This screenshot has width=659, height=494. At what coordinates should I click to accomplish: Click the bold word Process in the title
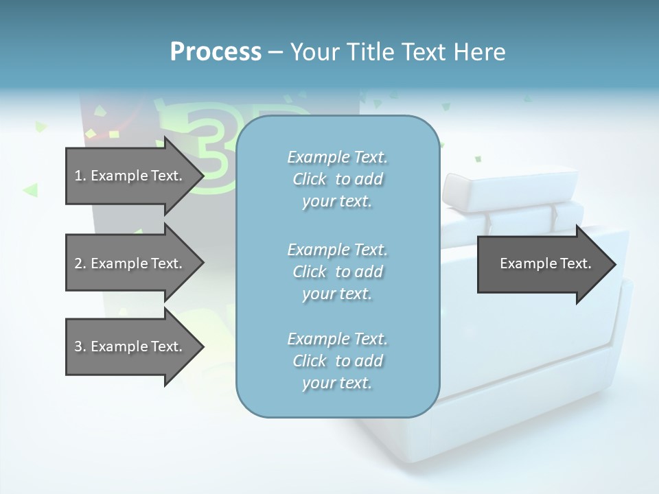216,52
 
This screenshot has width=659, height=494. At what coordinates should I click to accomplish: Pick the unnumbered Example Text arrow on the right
545,263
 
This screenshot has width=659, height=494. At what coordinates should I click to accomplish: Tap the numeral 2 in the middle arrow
78,263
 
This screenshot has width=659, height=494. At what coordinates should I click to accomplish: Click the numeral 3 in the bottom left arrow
78,346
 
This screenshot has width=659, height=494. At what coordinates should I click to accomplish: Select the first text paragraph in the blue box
337,179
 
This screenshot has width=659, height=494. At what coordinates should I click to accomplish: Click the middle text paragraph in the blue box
337,272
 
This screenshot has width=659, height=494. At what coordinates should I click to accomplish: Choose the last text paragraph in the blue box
337,361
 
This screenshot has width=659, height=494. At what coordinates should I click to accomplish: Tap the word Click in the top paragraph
310,179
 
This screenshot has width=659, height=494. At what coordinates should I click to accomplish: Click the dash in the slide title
275,52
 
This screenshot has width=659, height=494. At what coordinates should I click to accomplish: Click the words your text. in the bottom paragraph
337,383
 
